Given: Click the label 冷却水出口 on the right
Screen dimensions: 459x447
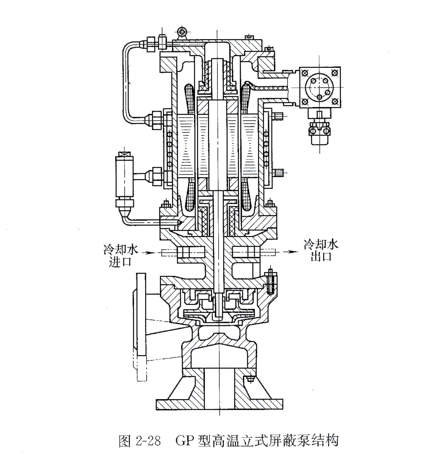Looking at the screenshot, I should [x=321, y=250].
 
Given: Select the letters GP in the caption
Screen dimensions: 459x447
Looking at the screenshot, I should [x=185, y=441].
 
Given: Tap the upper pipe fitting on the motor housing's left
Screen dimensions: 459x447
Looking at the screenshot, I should [x=156, y=119].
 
